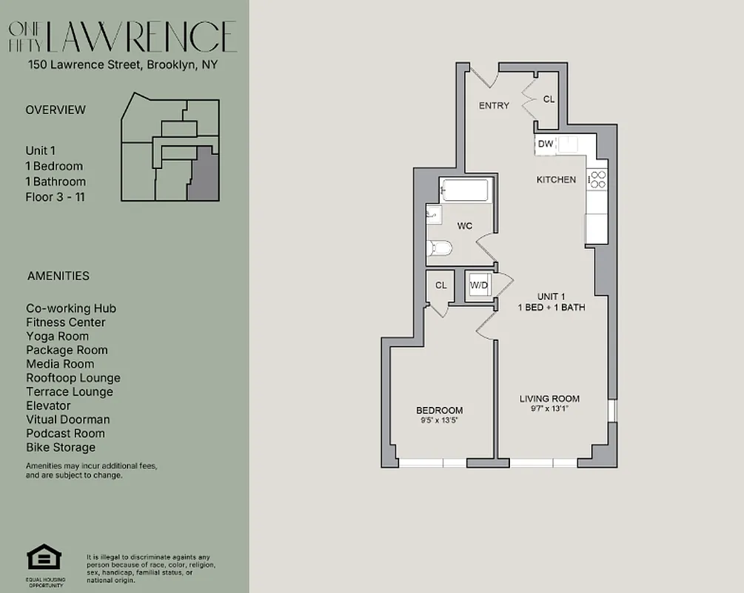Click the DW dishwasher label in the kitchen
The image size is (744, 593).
[546, 144]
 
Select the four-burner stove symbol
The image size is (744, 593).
[597, 179]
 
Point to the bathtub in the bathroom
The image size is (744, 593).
[464, 191]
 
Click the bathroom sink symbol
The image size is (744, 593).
[434, 215]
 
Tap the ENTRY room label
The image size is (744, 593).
[494, 105]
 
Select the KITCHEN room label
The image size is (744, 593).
[556, 179]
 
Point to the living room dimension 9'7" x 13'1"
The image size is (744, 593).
[549, 408]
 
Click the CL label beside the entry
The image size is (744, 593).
[549, 99]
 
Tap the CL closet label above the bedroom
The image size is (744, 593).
[441, 285]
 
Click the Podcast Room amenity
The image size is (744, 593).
[65, 433]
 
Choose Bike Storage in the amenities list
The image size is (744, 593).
[61, 447]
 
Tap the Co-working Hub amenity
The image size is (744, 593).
[71, 308]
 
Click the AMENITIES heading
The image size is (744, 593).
[58, 276]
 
